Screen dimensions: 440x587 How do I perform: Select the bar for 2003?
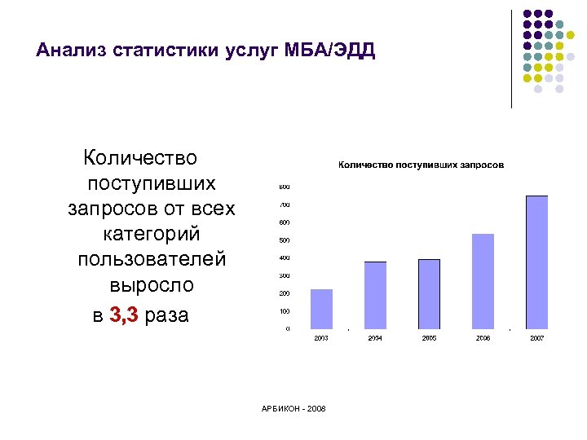tap(321, 309)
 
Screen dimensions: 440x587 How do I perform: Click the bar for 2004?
tap(375, 295)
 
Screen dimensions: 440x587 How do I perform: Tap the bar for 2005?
tap(429, 293)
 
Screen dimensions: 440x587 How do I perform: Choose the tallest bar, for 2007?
tap(536, 262)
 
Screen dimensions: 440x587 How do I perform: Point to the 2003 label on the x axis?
tap(321, 337)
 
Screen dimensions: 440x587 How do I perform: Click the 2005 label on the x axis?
tap(429, 337)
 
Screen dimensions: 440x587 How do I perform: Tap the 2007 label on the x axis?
tap(536, 337)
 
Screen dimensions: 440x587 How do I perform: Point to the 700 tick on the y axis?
tap(285, 205)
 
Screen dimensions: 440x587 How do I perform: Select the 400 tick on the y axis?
tap(285, 257)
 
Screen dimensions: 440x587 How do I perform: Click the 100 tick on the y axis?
tap(285, 311)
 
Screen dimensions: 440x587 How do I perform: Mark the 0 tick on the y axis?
tap(287, 329)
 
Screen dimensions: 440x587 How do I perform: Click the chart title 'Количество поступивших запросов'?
tap(421, 165)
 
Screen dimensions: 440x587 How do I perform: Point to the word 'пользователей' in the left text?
tap(152, 260)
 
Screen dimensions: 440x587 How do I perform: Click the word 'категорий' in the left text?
tap(152, 234)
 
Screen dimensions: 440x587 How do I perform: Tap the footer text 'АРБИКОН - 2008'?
tap(293, 407)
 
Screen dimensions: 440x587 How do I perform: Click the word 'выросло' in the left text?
tap(152, 286)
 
